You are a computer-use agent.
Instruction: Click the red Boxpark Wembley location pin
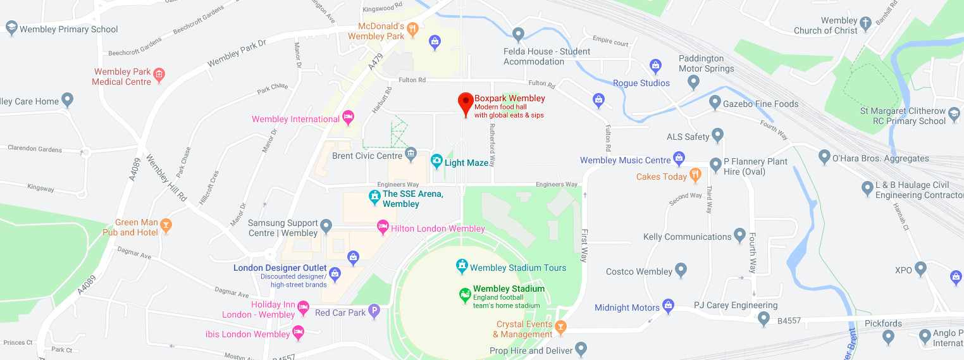(x=466, y=103)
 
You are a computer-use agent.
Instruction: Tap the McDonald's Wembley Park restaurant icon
(x=412, y=28)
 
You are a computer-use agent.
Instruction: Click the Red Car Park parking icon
(x=374, y=311)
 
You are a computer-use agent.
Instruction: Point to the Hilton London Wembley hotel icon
(x=382, y=227)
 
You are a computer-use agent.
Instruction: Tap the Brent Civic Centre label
(x=367, y=156)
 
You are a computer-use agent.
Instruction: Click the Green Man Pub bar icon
(x=166, y=225)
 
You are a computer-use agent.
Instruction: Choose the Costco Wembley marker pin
(x=681, y=270)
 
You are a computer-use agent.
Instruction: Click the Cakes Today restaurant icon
(x=695, y=175)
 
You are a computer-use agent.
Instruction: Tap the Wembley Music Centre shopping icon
(x=679, y=158)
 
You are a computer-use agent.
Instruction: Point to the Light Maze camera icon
(x=436, y=161)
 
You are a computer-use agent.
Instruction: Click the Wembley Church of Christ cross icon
(x=865, y=24)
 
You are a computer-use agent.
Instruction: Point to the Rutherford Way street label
(x=491, y=145)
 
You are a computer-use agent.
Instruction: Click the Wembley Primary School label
(x=69, y=29)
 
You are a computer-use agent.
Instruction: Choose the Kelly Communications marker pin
(x=739, y=235)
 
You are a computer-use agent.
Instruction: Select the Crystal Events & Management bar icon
(x=560, y=327)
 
